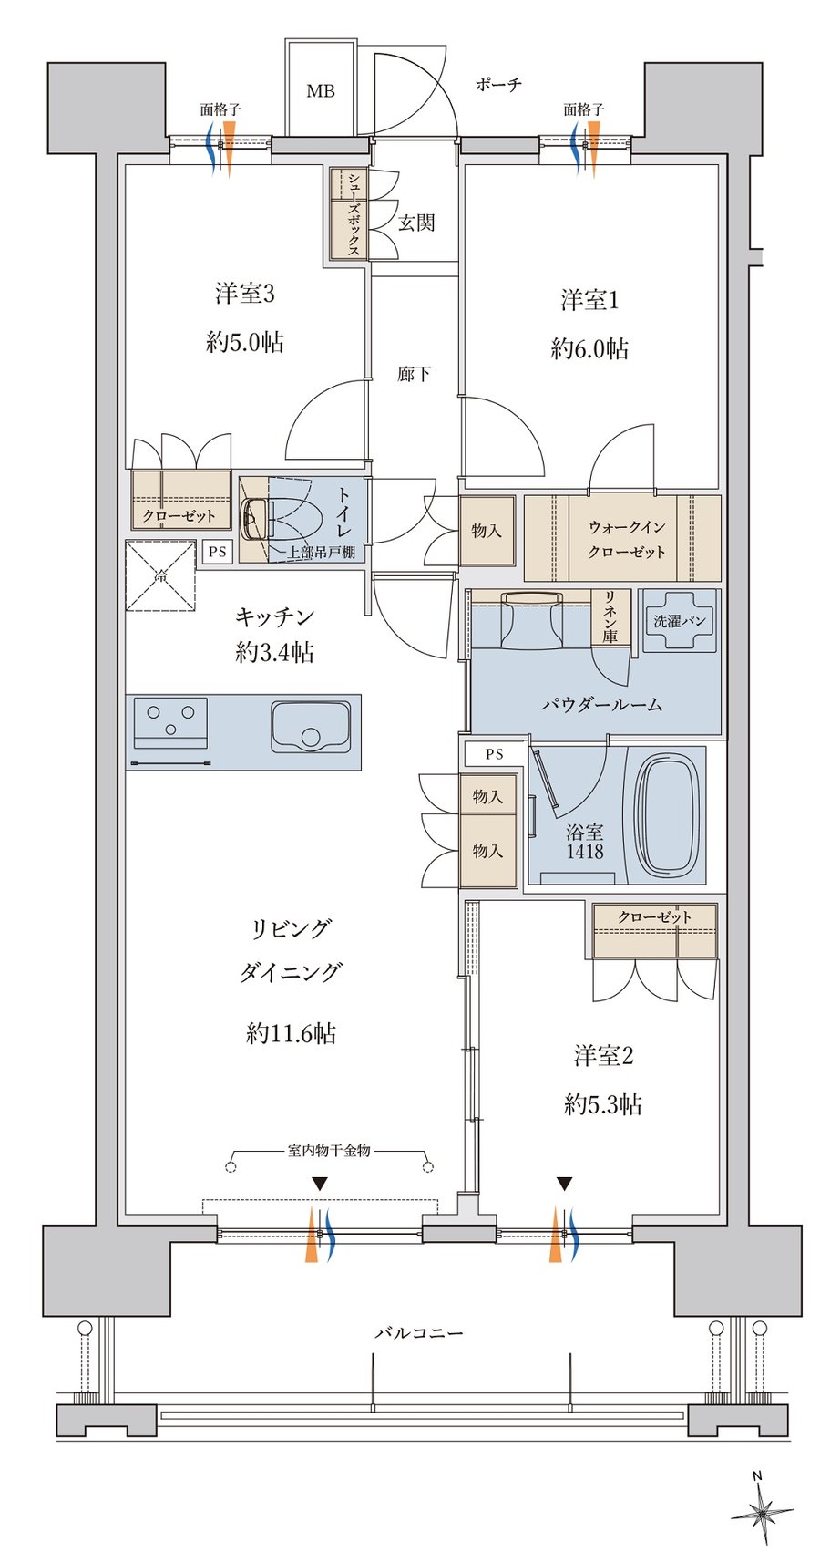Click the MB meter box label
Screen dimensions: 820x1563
[x=321, y=91]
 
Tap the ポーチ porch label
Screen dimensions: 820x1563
[x=498, y=85]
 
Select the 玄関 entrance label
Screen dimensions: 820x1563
[x=416, y=223]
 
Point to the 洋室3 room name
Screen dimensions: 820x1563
[x=245, y=294]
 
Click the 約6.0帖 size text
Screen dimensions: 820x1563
[x=589, y=348]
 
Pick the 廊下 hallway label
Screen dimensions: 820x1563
[x=415, y=375]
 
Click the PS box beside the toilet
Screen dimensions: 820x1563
[x=217, y=551]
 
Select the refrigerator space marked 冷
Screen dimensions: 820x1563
[x=160, y=575]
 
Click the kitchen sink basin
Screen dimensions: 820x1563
[x=311, y=727]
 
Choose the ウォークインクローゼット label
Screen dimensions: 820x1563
[x=627, y=539]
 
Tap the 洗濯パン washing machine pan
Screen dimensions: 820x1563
[x=679, y=620]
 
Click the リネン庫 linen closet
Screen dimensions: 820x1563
[x=610, y=616]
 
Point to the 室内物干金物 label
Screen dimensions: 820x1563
[x=328, y=1151]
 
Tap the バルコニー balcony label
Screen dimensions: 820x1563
[x=419, y=1332]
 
